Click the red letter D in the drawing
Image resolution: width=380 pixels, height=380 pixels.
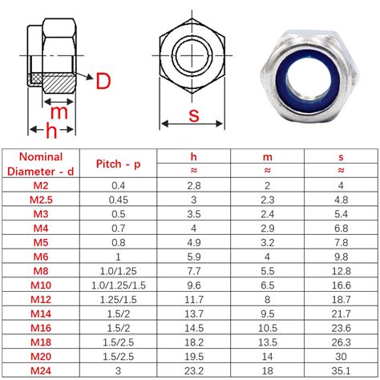103,80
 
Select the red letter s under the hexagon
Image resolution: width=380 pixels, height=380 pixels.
193,115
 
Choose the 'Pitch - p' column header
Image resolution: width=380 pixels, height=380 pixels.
117,164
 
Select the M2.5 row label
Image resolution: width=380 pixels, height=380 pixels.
39,200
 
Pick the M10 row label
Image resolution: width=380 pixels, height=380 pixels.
39,285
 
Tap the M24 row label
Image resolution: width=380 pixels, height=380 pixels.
39,370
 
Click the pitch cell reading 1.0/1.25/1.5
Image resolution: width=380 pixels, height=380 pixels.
117,285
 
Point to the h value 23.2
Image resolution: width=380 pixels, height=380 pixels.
192,370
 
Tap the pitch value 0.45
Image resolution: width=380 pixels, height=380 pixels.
117,200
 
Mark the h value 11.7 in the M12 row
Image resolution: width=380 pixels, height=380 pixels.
192,299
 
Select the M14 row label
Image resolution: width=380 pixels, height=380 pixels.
39,313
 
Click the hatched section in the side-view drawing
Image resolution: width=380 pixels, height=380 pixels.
58,80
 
